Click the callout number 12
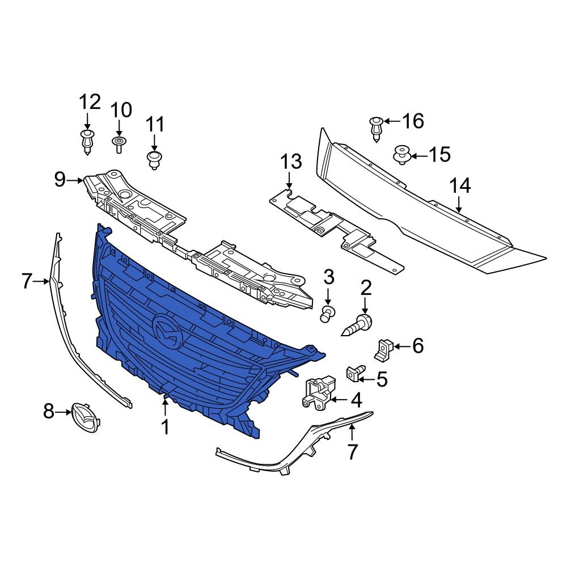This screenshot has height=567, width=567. (x=89, y=103)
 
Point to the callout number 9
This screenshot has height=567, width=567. (x=60, y=180)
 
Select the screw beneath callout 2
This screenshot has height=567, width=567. (x=358, y=327)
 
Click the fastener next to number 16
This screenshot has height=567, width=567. (x=375, y=128)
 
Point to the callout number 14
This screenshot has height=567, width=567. (x=460, y=187)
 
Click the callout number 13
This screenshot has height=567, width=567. (x=291, y=163)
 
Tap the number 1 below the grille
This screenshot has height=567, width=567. (x=166, y=426)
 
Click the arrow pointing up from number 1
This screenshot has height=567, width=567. (x=166, y=407)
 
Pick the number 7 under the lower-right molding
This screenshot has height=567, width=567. (x=352, y=452)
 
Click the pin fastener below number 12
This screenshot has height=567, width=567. (x=87, y=141)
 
